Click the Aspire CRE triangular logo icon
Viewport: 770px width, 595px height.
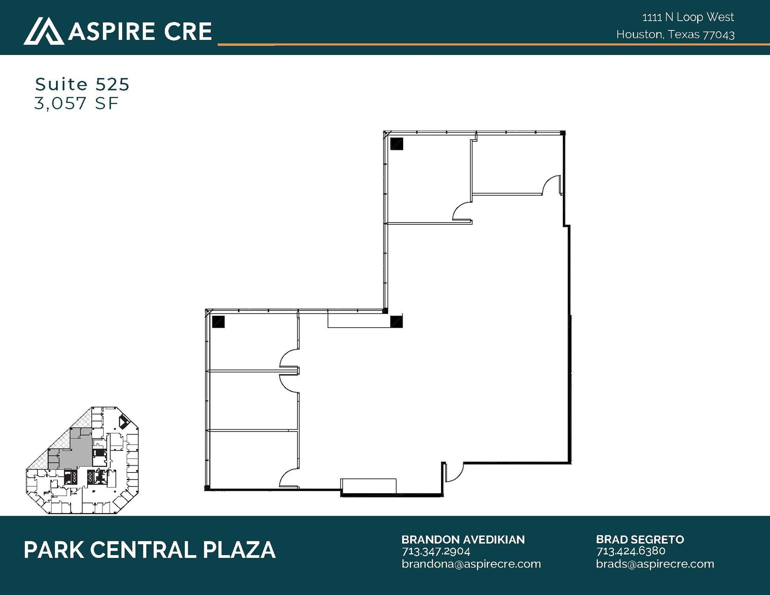pyautogui.click(x=44, y=31)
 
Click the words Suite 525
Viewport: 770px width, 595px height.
pyautogui.click(x=82, y=84)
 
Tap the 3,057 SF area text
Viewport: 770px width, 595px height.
pyautogui.click(x=76, y=103)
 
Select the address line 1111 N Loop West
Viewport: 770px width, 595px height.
pyautogui.click(x=688, y=17)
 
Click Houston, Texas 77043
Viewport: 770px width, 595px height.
pyautogui.click(x=675, y=35)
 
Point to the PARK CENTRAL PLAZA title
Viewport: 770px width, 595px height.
pyautogui.click(x=150, y=550)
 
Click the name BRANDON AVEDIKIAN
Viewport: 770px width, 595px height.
pyautogui.click(x=463, y=539)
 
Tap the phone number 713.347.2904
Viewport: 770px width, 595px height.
pyautogui.click(x=436, y=551)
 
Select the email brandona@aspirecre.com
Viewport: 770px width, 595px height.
pyautogui.click(x=471, y=564)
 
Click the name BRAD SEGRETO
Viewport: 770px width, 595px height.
pyautogui.click(x=640, y=539)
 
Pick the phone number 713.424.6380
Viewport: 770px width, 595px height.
pyautogui.click(x=631, y=551)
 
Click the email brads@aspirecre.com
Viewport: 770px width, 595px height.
pyautogui.click(x=655, y=564)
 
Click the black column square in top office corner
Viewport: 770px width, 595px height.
pyautogui.click(x=397, y=144)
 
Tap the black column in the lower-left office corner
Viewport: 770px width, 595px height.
pyautogui.click(x=218, y=322)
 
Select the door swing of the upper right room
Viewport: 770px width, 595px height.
pyautogui.click(x=551, y=185)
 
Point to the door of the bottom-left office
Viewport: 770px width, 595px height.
pyautogui.click(x=289, y=478)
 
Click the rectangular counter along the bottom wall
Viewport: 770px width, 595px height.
pyautogui.click(x=368, y=485)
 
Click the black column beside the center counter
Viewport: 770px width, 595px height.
pyautogui.click(x=396, y=322)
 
